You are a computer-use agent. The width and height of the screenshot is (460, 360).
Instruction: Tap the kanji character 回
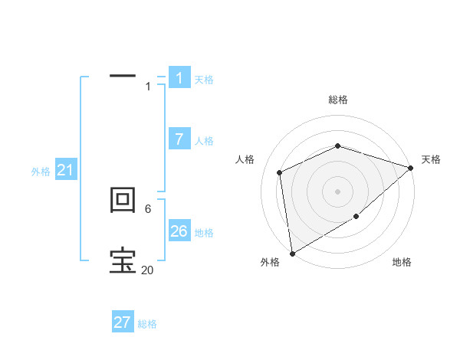tap(123, 201)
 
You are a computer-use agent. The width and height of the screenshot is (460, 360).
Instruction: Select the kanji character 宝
tap(123, 260)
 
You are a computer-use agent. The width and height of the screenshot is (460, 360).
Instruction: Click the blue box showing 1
tap(179, 78)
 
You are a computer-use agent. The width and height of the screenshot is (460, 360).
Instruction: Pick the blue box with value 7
tap(179, 139)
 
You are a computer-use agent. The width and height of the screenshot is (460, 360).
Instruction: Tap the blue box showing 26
tap(179, 231)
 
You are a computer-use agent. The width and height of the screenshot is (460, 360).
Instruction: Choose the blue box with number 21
tap(65, 171)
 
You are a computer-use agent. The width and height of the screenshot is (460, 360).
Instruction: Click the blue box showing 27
tap(123, 322)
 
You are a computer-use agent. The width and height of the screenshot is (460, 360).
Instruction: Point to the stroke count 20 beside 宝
tap(147, 270)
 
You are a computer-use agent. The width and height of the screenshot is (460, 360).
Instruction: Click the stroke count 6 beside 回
tap(147, 208)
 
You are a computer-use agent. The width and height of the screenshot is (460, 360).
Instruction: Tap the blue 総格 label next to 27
tap(147, 324)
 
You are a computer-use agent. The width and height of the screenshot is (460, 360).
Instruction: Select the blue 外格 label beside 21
tap(41, 172)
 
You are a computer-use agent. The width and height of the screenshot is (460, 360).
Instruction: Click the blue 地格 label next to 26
tap(204, 233)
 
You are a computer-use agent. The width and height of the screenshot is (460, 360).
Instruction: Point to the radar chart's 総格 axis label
tap(337, 100)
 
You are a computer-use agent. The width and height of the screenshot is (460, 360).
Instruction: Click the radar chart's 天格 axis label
tap(431, 159)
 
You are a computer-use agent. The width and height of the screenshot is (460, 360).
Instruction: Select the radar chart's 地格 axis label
tap(402, 262)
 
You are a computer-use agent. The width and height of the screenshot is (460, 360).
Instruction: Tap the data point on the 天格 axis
tap(411, 168)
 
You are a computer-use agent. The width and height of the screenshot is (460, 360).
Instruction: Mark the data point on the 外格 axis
tap(292, 254)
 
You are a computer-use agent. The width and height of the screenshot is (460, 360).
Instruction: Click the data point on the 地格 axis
tap(356, 217)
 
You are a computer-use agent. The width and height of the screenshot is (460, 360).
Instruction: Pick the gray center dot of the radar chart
tap(337, 191)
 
